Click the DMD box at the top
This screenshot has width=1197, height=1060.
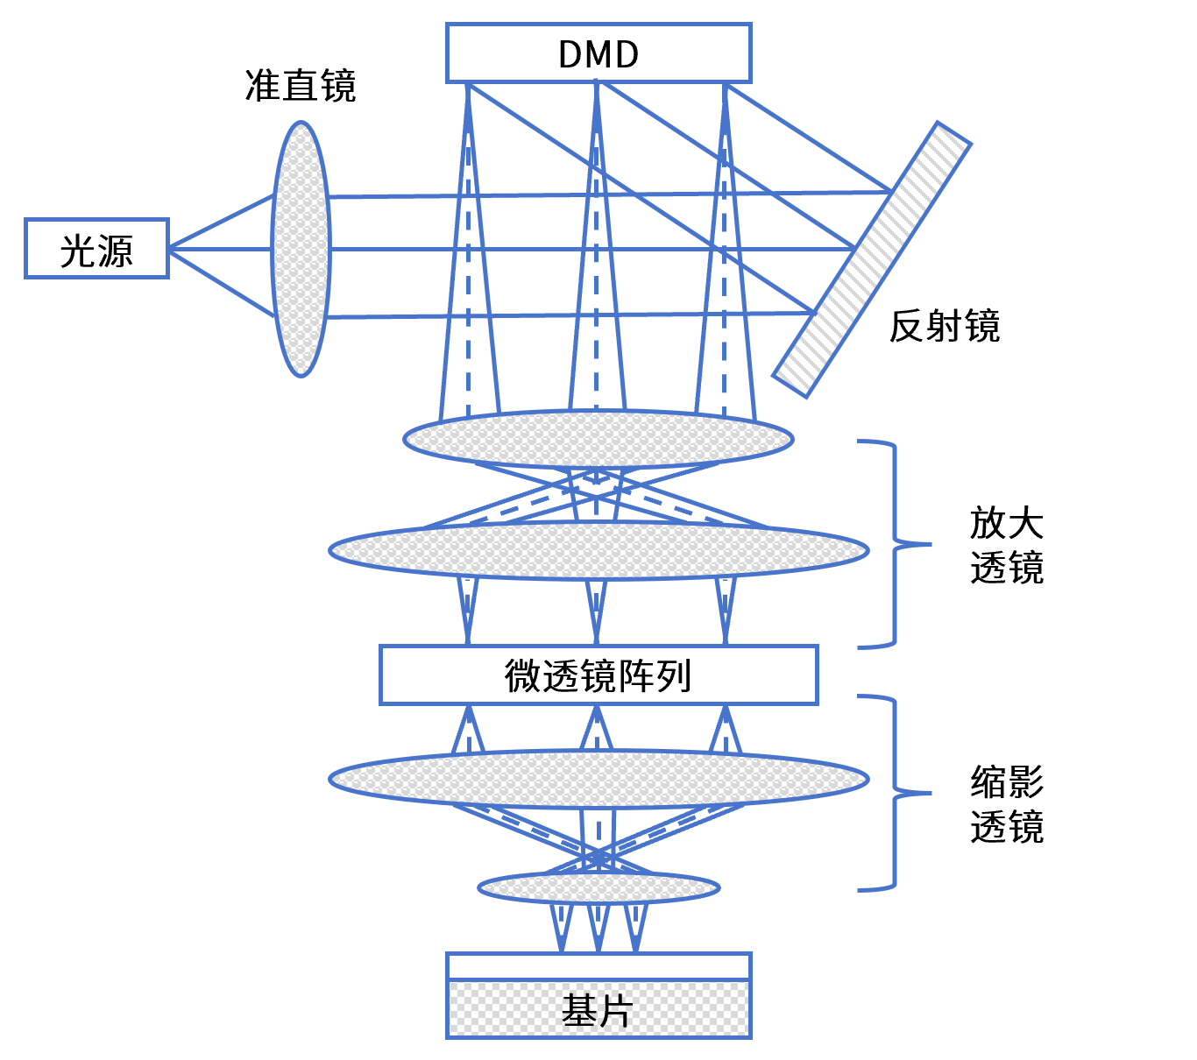click(x=598, y=53)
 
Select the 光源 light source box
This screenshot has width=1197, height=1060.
click(x=96, y=249)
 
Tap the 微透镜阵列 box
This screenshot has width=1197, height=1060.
click(x=598, y=675)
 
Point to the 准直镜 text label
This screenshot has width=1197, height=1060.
click(x=301, y=86)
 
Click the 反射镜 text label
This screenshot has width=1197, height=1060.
click(x=945, y=326)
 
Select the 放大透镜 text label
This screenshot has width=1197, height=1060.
click(x=1007, y=545)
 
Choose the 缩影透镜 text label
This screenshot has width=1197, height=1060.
click(x=1007, y=804)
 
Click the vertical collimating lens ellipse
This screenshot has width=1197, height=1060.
click(x=301, y=249)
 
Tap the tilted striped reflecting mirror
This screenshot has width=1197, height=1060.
click(x=872, y=259)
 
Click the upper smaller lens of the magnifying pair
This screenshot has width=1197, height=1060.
click(x=598, y=439)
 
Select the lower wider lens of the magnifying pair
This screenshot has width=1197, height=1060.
click(x=598, y=550)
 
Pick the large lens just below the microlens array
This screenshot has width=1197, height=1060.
click(x=598, y=779)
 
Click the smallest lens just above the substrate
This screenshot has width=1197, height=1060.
click(x=598, y=887)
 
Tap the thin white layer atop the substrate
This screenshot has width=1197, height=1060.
click(x=598, y=966)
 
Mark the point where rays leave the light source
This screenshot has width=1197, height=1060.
click(x=169, y=249)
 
